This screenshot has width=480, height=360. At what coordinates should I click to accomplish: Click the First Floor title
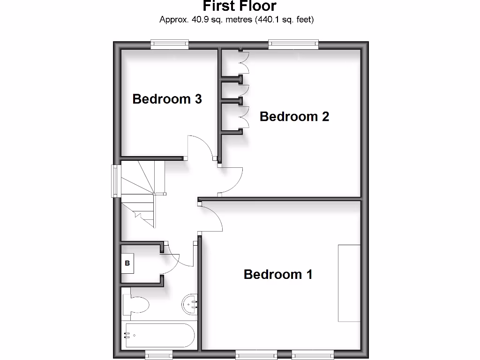click(x=240, y=6)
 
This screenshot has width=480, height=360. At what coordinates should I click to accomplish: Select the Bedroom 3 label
click(x=167, y=99)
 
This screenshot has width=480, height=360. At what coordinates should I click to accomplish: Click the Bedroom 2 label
click(x=294, y=116)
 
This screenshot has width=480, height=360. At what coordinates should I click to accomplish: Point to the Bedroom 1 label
click(x=278, y=274)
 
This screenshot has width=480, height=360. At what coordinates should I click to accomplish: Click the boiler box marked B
click(x=127, y=263)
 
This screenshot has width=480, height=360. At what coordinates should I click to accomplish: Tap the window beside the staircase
click(x=114, y=180)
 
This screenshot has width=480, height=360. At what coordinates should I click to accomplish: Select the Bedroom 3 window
click(x=170, y=45)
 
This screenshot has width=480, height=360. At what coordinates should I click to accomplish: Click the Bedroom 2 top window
click(x=294, y=45)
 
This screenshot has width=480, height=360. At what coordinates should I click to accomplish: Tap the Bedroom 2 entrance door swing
click(x=231, y=181)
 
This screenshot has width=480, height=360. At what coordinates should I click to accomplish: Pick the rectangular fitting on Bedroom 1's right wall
click(x=349, y=283)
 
